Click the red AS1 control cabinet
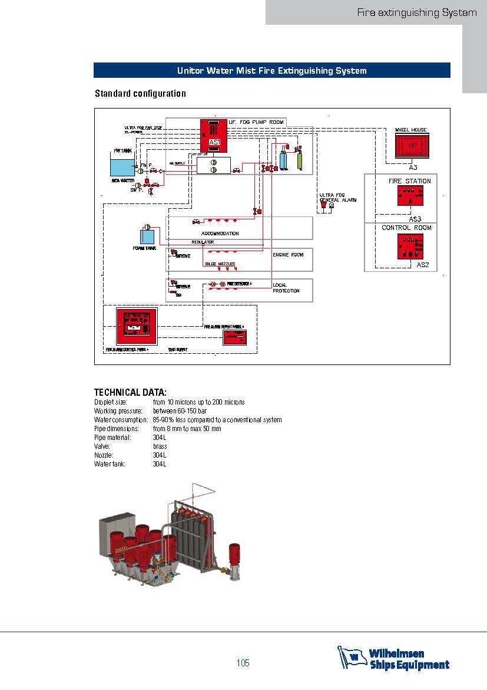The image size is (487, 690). click(x=214, y=136)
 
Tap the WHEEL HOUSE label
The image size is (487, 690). click(x=410, y=130)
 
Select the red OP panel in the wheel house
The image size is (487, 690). click(x=412, y=145)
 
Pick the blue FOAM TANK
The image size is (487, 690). click(x=147, y=237)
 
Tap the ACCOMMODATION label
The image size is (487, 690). click(x=220, y=234)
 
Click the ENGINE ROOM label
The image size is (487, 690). click(x=288, y=255)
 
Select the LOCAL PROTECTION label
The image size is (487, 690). click(x=286, y=288)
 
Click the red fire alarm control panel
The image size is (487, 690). click(x=137, y=326)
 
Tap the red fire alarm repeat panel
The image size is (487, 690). click(x=239, y=337)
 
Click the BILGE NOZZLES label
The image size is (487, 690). click(x=220, y=264)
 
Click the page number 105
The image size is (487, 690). click(x=243, y=663)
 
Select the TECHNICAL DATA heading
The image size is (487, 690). click(x=131, y=392)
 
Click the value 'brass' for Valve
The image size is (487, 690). click(x=160, y=446)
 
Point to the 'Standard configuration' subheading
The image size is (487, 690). click(x=140, y=94)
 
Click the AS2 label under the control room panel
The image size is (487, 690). click(x=423, y=265)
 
